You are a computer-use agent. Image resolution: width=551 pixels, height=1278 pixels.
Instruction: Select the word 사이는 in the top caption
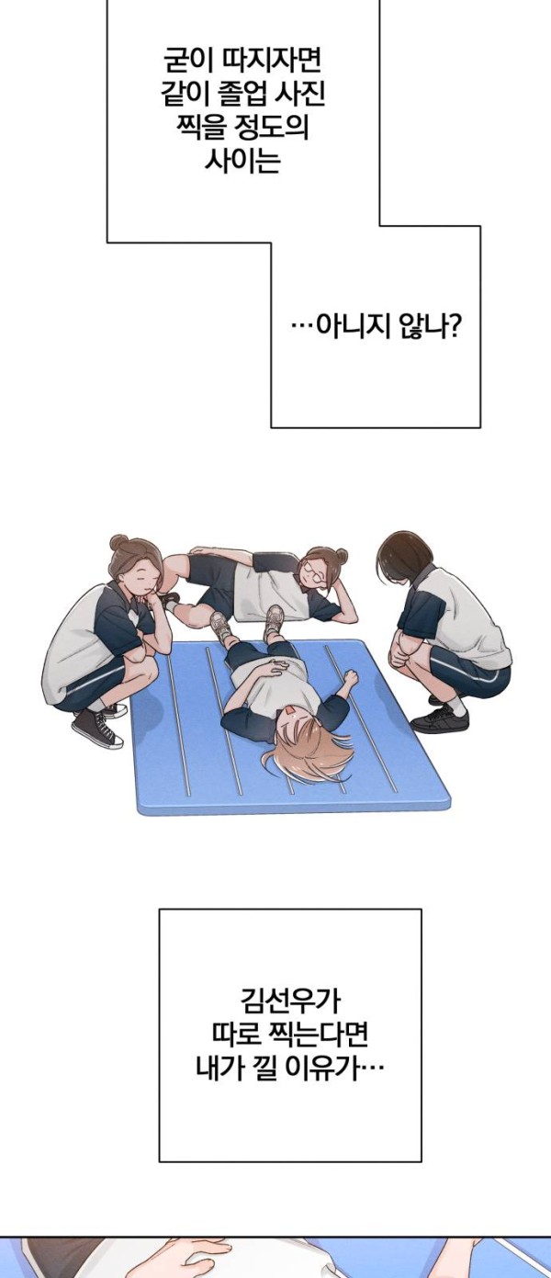pyautogui.click(x=243, y=160)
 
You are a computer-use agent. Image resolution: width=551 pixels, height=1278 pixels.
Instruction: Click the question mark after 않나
pyautogui.click(x=455, y=326)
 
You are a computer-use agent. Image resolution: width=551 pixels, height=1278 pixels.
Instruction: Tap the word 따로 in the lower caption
pyautogui.click(x=238, y=1035)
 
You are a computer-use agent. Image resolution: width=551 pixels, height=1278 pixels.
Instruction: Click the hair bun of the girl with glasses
pyautogui.click(x=341, y=553)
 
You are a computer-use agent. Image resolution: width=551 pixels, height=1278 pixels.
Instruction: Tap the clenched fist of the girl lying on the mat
pyautogui.click(x=350, y=677)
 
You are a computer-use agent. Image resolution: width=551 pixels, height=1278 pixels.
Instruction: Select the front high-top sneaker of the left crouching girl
pyautogui.click(x=97, y=729)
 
